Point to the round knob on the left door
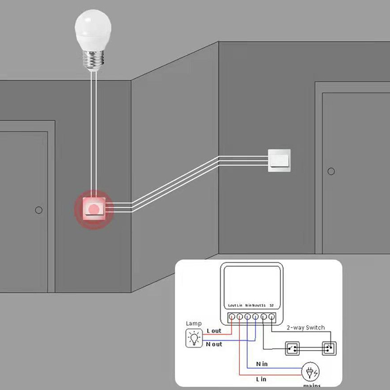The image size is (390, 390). [39, 210]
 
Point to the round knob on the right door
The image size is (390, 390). [331, 171]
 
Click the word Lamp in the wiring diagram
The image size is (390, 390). [194, 323]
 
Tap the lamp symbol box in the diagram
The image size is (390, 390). [195, 337]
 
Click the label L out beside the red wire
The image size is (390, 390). [214, 331]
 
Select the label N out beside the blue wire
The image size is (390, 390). [214, 344]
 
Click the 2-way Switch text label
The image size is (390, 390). [306, 328]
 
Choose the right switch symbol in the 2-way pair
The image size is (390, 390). [328, 349]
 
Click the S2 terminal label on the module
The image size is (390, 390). [271, 305]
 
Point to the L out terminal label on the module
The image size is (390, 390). [232, 305]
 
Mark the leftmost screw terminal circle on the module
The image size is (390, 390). [232, 317]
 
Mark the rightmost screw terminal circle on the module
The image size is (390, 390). [271, 317]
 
